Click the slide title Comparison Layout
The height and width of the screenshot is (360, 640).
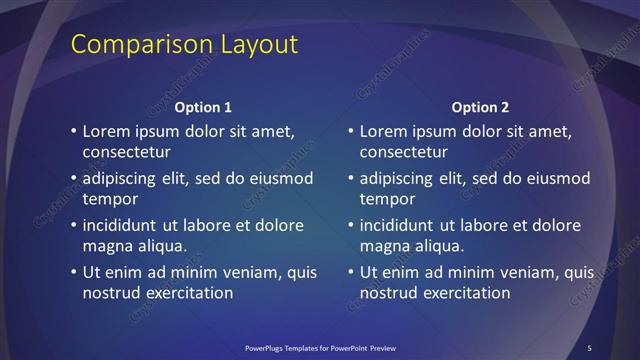pos(185,45)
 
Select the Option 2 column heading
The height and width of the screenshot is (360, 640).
pos(480,107)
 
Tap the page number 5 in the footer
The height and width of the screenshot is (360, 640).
pos(590,348)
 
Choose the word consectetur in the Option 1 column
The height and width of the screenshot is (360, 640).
pos(127,153)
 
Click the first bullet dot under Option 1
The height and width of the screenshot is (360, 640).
pos(72,131)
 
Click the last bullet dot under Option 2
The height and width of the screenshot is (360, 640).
pos(349,272)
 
